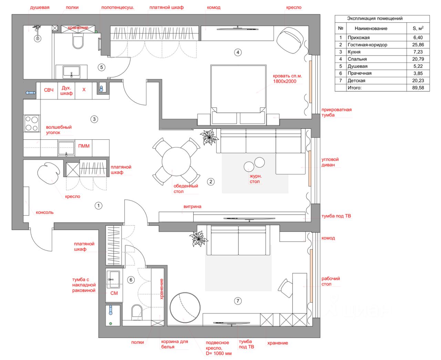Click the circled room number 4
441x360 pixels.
click(x=237, y=52)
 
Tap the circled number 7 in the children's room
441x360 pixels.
click(x=237, y=301)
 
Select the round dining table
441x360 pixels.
click(x=176, y=161)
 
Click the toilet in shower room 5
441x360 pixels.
click(x=78, y=41)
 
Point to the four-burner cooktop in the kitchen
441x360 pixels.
click(x=32, y=123)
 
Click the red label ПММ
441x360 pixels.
click(x=84, y=146)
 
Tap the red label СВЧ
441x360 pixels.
click(x=49, y=90)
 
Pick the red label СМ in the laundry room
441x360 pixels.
click(x=114, y=293)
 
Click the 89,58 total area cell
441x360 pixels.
click(x=418, y=88)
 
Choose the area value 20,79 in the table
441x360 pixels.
click(x=418, y=59)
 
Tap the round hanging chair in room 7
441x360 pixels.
click(x=185, y=308)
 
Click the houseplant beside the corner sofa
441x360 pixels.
click(x=209, y=137)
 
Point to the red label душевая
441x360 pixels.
click(x=40, y=8)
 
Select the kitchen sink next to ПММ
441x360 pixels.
click(x=66, y=148)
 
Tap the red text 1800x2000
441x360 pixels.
click(x=285, y=81)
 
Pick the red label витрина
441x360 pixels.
click(x=192, y=207)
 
